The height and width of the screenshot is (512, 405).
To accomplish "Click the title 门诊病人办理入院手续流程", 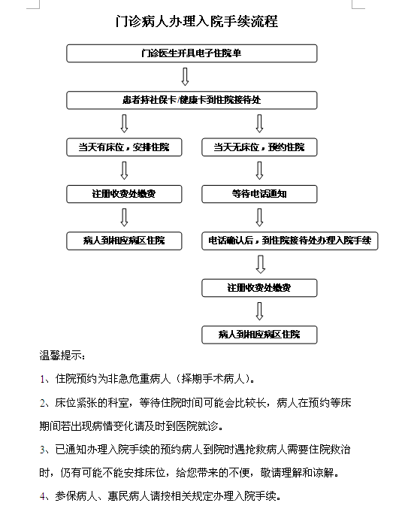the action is tap(196, 22).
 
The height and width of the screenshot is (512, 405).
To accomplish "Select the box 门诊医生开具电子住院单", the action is tap(192, 53).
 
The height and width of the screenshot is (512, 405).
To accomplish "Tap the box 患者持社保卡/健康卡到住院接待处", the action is tap(192, 100).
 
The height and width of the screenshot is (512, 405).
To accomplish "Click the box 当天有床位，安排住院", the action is tap(124, 147).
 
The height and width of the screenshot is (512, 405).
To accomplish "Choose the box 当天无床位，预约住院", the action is tap(259, 147).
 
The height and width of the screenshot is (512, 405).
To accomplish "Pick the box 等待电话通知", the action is tap(259, 194).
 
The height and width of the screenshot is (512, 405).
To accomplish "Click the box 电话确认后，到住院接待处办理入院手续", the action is tap(290, 241).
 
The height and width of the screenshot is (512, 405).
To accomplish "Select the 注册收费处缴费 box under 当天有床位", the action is tap(124, 194).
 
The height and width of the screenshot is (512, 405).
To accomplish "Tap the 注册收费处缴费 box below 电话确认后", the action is tap(259, 288).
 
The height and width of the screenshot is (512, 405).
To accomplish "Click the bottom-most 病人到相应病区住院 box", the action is tap(259, 335).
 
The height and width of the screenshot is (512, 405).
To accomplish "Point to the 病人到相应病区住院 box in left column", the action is tap(124, 241).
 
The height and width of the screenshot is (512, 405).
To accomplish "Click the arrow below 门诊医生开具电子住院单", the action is tap(185, 77).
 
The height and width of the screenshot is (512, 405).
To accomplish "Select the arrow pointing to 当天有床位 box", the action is tap(124, 123).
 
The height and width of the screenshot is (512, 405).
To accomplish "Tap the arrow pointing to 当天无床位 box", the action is tap(259, 123).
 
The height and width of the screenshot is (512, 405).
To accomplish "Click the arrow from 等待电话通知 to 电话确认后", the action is tap(259, 217).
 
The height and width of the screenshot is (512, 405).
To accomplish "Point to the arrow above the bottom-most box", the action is tap(259, 311).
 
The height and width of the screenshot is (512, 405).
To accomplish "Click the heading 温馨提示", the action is tap(62, 356).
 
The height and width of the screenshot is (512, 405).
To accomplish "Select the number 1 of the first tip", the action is tap(42, 379).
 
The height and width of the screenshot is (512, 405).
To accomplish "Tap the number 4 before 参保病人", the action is tap(42, 497).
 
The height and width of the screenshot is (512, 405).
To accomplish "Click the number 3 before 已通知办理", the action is tap(42, 450).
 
